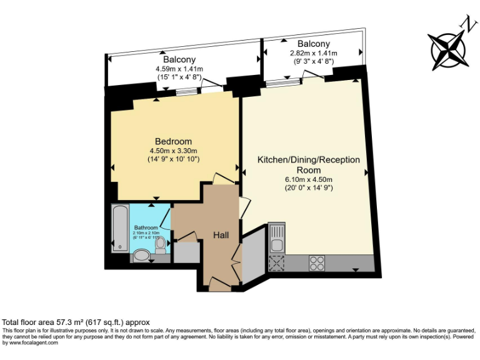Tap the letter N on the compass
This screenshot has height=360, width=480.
pyautogui.click(x=466, y=24)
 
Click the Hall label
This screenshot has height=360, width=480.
pyautogui.click(x=221, y=235)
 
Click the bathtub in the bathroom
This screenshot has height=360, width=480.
pyautogui.click(x=119, y=228)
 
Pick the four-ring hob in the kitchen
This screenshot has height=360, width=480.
pyautogui.click(x=317, y=263)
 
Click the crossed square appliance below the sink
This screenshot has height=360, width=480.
pyautogui.click(x=276, y=263)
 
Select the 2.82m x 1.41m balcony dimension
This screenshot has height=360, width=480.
pyautogui.click(x=313, y=53)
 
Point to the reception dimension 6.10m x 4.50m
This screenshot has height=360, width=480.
pyautogui.click(x=309, y=179)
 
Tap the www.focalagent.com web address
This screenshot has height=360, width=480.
pyautogui.click(x=31, y=342)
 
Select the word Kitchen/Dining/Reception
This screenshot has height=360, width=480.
pyautogui.click(x=309, y=160)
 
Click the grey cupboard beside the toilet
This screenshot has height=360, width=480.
pyautogui.click(x=186, y=251)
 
